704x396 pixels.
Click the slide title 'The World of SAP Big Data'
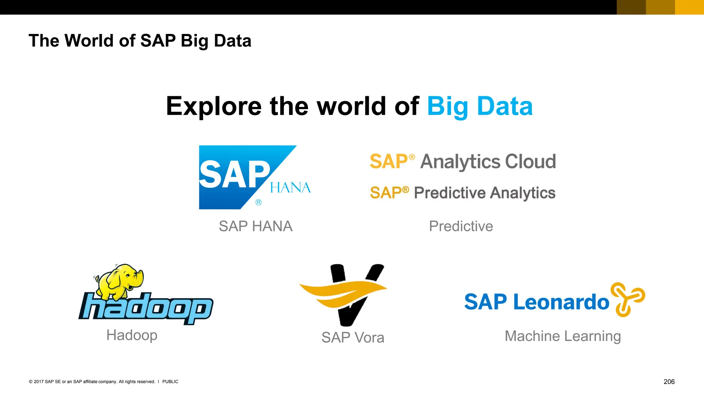[140, 41]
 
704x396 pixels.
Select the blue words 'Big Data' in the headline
[480, 106]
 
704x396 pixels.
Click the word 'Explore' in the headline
[213, 106]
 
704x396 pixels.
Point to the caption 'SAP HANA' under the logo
[255, 226]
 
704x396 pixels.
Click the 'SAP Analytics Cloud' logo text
[463, 161]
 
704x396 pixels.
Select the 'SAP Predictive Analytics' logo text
[463, 192]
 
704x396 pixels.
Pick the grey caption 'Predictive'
[461, 226]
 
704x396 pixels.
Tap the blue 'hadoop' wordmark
[146, 308]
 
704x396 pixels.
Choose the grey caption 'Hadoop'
[132, 335]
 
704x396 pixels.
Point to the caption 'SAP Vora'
[353, 338]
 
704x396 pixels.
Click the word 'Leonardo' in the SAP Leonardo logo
[561, 302]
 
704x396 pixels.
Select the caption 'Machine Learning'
[563, 336]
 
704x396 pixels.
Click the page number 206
[669, 382]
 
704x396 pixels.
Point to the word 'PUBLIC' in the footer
[170, 382]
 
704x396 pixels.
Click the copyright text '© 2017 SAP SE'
[45, 382]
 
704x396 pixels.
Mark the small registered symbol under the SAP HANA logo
[258, 202]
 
